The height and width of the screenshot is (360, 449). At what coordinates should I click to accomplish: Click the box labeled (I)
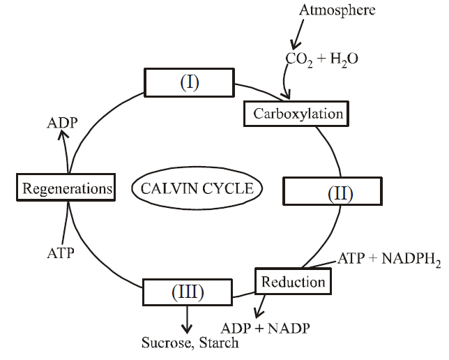coord(190,83)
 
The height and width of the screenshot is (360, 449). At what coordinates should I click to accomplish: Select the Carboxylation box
coord(294,113)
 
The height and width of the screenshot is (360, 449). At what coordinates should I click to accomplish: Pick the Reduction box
coord(293,281)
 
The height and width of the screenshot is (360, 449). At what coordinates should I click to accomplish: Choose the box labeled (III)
coord(186,292)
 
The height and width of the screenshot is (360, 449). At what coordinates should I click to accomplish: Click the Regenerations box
coord(66,188)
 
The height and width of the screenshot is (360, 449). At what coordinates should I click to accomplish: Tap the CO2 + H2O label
coord(321,59)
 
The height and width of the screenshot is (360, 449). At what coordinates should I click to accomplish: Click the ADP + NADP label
coord(264,327)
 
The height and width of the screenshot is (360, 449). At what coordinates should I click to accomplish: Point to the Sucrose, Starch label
coord(190,343)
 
